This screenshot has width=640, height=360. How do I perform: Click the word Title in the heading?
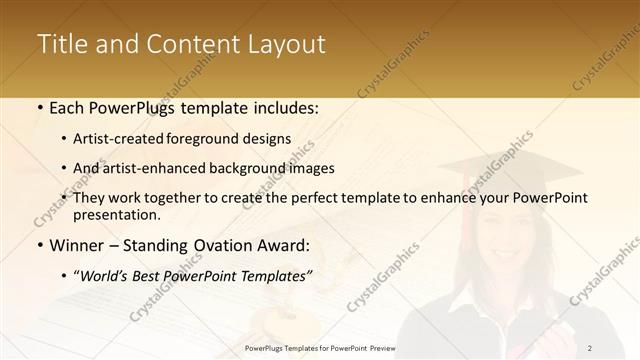point(61,44)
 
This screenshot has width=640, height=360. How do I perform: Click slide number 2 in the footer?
point(590,348)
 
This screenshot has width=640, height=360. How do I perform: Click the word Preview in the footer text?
point(382,348)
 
